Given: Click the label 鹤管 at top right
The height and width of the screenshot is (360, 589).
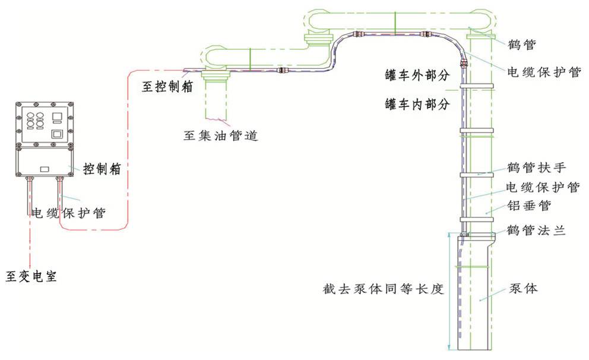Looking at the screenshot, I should click(x=522, y=44).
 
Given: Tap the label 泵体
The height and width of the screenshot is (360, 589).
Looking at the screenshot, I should click(x=523, y=289).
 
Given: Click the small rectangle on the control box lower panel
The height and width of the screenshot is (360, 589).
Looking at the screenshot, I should click(x=45, y=169).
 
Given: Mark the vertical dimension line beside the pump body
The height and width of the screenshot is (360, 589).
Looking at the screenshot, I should click(x=449, y=291).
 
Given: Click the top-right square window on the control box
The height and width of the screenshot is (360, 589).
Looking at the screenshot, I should click(x=58, y=115).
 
